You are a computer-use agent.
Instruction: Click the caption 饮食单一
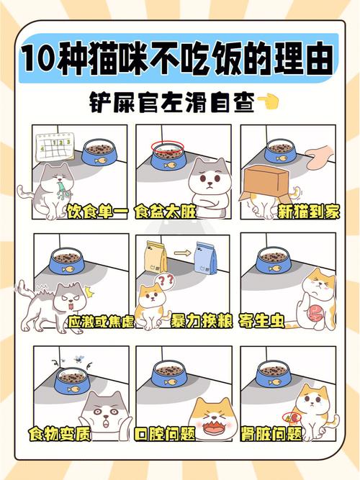pos(97,212)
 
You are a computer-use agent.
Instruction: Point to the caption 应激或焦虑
pos(96,321)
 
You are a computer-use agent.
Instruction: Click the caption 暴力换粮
pos(201,321)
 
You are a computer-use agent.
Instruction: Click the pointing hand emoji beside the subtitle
pos(270,104)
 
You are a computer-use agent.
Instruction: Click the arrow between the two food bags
pos(181,253)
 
